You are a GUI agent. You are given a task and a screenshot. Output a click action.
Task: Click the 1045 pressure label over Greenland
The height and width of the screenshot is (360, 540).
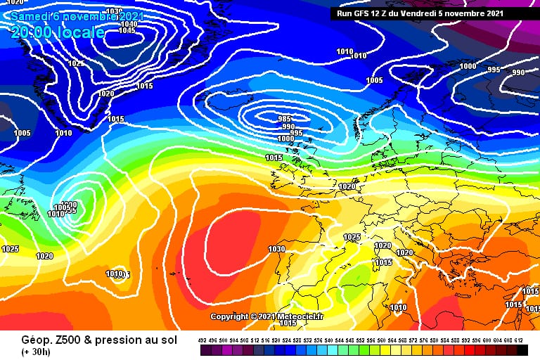127,30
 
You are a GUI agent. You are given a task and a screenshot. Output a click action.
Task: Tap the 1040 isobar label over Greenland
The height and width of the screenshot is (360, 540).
129,23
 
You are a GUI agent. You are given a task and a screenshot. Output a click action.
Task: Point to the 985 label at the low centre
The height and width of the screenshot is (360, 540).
285,119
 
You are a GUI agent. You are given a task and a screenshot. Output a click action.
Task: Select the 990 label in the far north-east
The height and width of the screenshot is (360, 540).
518,72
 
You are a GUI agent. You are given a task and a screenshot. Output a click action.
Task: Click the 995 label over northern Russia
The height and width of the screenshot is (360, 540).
494,70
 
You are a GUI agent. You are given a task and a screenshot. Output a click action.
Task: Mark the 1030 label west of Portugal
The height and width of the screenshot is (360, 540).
276,249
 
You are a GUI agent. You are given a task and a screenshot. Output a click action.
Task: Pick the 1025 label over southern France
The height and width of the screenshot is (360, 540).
352,237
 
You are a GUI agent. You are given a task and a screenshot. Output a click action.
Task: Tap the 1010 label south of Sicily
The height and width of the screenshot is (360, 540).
398,307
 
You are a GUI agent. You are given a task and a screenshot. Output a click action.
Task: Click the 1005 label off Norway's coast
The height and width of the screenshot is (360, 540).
374,80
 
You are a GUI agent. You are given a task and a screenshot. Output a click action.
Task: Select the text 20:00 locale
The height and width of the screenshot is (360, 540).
58,32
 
